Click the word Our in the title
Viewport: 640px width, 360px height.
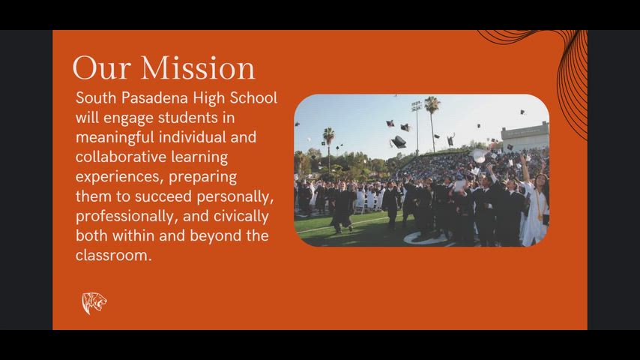click(102, 68)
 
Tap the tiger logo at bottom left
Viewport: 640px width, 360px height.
click(94, 303)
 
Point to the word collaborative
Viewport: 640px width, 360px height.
click(121, 157)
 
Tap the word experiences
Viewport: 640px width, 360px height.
click(118, 177)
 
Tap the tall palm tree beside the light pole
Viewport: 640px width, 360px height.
click(432, 112)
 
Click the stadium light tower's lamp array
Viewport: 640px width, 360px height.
click(417, 106)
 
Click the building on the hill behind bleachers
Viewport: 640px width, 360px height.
click(525, 135)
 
